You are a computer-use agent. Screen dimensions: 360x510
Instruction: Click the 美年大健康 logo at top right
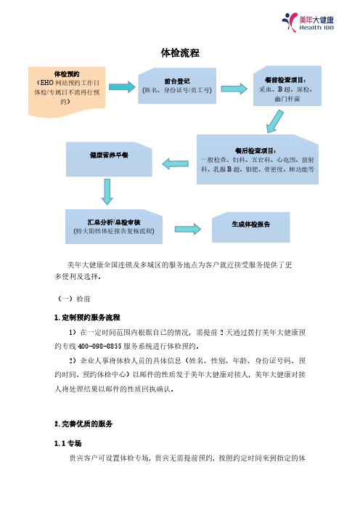click(x=308, y=23)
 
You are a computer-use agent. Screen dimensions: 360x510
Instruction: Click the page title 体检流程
click(x=180, y=53)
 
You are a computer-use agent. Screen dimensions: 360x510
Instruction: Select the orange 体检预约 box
click(x=67, y=92)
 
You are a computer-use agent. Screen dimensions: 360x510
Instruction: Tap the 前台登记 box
click(x=177, y=86)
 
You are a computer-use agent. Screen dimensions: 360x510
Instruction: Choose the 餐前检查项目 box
click(x=287, y=86)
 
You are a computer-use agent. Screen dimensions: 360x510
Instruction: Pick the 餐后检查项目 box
click(x=258, y=159)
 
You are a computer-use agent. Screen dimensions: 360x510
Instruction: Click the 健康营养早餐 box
click(x=109, y=159)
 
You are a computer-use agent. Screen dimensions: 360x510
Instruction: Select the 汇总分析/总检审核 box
click(x=114, y=227)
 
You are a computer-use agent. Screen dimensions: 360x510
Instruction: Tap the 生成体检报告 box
click(x=251, y=227)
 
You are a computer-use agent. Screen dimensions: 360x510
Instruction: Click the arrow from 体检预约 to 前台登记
click(x=122, y=87)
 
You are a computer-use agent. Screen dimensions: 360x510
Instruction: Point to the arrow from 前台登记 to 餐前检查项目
click(x=234, y=89)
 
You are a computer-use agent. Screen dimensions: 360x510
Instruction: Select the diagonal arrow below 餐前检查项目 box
click(x=275, y=121)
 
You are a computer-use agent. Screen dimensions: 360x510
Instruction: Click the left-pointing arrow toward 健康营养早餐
click(x=175, y=163)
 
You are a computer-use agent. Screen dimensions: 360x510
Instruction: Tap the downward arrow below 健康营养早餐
click(x=107, y=192)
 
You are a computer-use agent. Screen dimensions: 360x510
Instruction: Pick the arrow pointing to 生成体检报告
click(x=188, y=229)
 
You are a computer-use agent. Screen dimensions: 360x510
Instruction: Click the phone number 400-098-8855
click(x=99, y=346)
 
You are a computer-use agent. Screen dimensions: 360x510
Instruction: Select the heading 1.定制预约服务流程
click(x=87, y=317)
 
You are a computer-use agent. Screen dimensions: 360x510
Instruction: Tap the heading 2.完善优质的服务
click(x=83, y=424)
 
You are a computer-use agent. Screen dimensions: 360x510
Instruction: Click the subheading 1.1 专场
click(x=68, y=443)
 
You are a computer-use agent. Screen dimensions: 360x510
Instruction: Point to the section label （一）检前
click(x=74, y=299)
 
